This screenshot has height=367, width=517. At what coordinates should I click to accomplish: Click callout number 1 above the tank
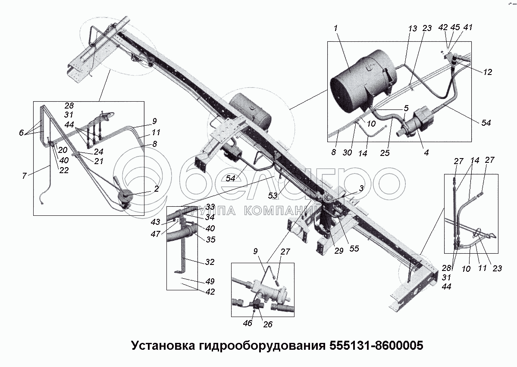[336, 28]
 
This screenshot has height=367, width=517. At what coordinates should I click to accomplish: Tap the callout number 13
[413, 28]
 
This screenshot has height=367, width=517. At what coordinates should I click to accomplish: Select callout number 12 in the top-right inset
[488, 72]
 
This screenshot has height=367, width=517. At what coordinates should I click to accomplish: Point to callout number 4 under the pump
[426, 152]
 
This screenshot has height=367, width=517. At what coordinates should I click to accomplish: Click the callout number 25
[385, 153]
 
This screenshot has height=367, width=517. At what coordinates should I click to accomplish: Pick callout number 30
[347, 152]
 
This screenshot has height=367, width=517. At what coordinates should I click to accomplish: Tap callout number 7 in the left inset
[24, 176]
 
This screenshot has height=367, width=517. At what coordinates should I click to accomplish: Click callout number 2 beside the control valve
[156, 188]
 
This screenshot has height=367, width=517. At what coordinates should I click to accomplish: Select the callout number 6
[22, 132]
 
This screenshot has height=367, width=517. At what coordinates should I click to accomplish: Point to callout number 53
[273, 196]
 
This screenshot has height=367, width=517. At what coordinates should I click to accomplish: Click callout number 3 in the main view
[361, 188]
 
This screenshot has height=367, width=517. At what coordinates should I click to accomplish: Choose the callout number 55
[354, 248]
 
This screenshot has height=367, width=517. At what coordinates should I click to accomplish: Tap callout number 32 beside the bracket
[210, 262]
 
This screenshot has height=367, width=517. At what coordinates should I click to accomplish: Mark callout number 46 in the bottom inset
[248, 323]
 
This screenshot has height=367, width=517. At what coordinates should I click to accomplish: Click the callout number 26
[268, 324]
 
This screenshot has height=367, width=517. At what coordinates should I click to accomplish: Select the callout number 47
[156, 233]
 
